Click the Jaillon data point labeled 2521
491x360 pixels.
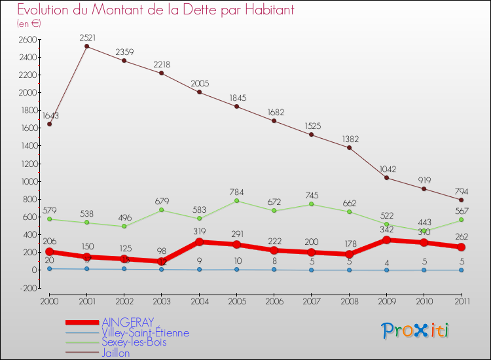[x=86, y=46]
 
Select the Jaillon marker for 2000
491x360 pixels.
[x=49, y=124]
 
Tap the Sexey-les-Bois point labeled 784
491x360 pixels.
[x=237, y=200]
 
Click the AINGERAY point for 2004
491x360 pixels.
[x=199, y=242]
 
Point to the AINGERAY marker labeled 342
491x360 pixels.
[x=386, y=240]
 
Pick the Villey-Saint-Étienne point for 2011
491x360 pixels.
[x=462, y=270]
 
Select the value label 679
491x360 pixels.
[x=162, y=202]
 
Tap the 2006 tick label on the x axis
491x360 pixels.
[x=274, y=300]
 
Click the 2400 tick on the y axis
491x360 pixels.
[x=27, y=58]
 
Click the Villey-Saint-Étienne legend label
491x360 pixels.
[x=145, y=333]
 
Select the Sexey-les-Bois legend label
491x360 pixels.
[x=134, y=342]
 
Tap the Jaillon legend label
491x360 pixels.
[x=116, y=353]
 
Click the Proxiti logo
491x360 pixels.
[x=416, y=331]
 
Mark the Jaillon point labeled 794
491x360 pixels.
[x=462, y=200]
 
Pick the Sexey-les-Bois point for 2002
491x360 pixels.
[x=124, y=226]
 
